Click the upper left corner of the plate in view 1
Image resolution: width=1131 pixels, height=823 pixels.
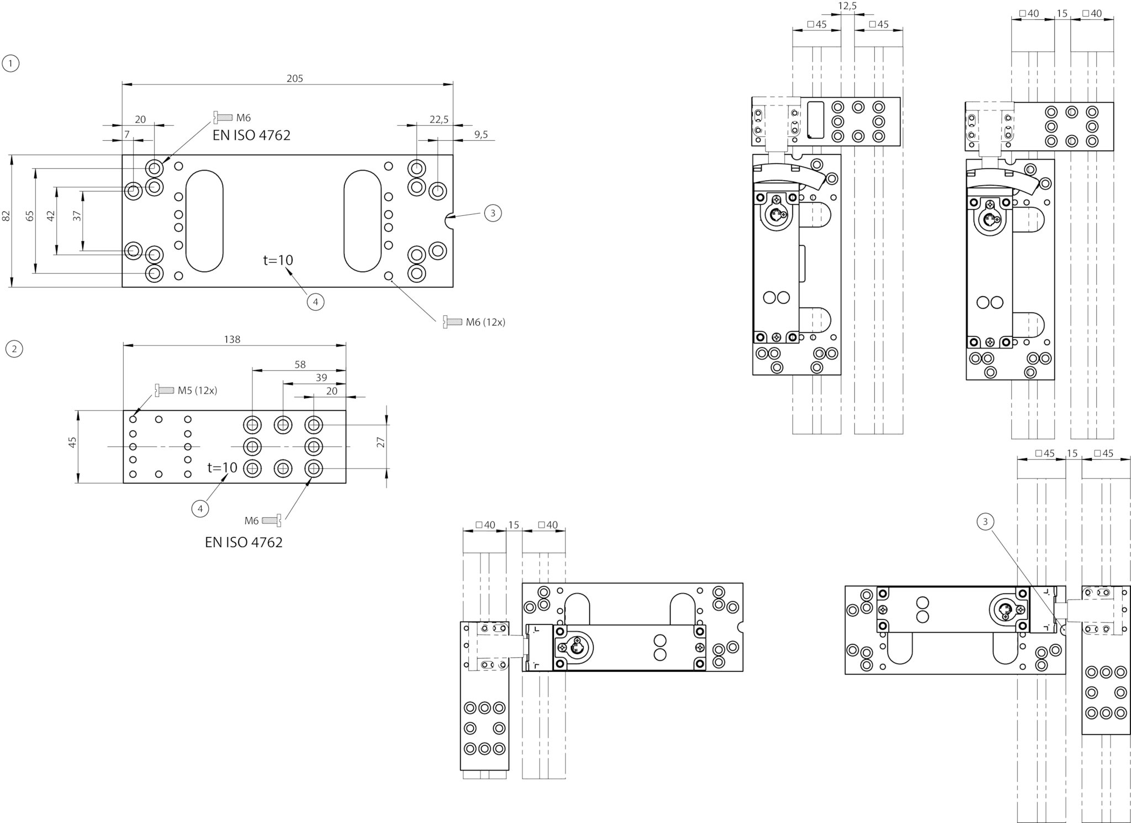[x=122, y=155]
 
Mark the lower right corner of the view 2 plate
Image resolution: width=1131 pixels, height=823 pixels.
[x=346, y=483]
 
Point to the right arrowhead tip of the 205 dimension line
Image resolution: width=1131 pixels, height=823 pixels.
[x=452, y=84]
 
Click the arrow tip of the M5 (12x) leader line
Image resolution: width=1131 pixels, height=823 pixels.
[x=134, y=415]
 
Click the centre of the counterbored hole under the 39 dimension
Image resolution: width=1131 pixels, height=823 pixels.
[x=283, y=424]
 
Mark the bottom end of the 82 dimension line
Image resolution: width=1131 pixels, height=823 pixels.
[x=11, y=287]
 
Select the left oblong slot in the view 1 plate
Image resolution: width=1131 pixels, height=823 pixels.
[x=204, y=220]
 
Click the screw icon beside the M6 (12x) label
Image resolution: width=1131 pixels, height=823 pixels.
[x=452, y=321]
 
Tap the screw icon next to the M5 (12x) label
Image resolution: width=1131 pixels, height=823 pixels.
[x=165, y=390]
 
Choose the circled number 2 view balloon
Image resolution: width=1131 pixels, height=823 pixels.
[x=14, y=349]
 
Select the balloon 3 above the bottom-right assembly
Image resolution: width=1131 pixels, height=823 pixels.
[x=985, y=521]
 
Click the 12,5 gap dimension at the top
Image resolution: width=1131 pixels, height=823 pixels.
[x=848, y=6]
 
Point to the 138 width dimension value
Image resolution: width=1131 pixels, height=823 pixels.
[x=232, y=339]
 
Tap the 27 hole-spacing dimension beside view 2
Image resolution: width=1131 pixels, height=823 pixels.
[x=380, y=442]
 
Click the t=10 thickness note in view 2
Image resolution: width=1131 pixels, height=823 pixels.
[x=223, y=468]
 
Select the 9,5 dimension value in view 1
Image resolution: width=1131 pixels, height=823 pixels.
[x=481, y=134]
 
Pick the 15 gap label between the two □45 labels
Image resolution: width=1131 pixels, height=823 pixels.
[x=1072, y=453]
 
